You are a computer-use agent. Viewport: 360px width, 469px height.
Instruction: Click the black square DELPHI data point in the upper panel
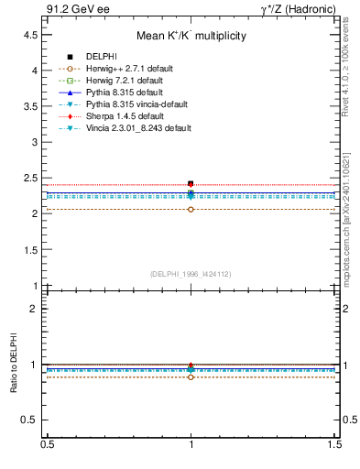(191, 183)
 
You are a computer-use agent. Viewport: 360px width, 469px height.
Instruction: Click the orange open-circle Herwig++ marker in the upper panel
(191, 209)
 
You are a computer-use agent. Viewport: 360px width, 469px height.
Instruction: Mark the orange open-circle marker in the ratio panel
(191, 376)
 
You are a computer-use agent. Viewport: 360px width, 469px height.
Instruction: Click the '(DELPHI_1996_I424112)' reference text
(191, 273)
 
